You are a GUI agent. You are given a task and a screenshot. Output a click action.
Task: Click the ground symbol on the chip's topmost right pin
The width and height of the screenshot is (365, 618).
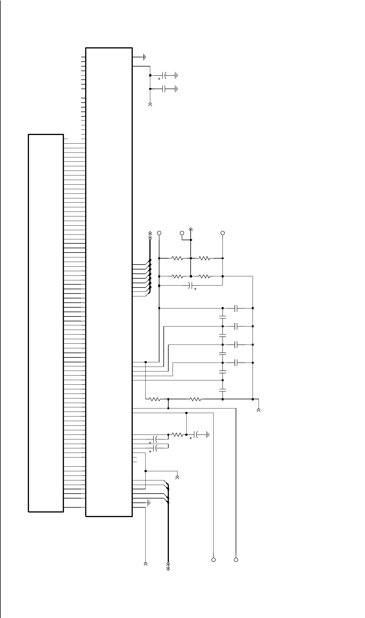[145, 57]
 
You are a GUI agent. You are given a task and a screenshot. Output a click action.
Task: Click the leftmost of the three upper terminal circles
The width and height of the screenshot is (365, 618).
[159, 233]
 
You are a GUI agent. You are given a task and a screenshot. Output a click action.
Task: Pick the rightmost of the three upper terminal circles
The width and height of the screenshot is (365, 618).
[222, 233]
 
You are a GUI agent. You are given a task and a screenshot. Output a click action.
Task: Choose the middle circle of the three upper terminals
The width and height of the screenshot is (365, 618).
[182, 233]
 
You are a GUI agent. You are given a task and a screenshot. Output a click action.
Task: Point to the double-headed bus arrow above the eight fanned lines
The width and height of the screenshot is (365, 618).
[150, 236]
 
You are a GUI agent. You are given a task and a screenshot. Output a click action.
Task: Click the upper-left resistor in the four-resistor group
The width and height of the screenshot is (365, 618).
[177, 258]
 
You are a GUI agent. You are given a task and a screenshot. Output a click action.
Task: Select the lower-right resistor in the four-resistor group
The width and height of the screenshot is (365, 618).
[204, 276]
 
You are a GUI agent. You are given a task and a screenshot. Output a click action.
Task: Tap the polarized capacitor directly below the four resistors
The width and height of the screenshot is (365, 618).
[190, 285]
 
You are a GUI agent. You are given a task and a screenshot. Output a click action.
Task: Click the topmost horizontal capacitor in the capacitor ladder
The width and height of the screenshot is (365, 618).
[236, 308]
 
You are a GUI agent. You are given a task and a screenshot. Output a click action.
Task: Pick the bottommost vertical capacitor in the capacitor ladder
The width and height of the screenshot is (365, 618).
[222, 390]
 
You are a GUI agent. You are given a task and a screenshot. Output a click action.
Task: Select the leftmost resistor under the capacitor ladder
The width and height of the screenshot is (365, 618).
[155, 399]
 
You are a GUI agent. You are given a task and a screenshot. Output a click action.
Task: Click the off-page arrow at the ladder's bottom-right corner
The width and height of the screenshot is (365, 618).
[259, 410]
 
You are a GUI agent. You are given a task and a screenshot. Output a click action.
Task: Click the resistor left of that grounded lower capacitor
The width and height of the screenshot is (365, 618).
[177, 435]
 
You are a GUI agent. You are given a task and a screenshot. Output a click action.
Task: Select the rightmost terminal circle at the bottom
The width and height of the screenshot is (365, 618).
[236, 560]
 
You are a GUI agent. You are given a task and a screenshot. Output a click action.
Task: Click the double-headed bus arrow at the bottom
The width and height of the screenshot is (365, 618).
[168, 566]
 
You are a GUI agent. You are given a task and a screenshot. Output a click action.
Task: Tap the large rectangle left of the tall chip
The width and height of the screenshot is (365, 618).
[46, 322]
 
